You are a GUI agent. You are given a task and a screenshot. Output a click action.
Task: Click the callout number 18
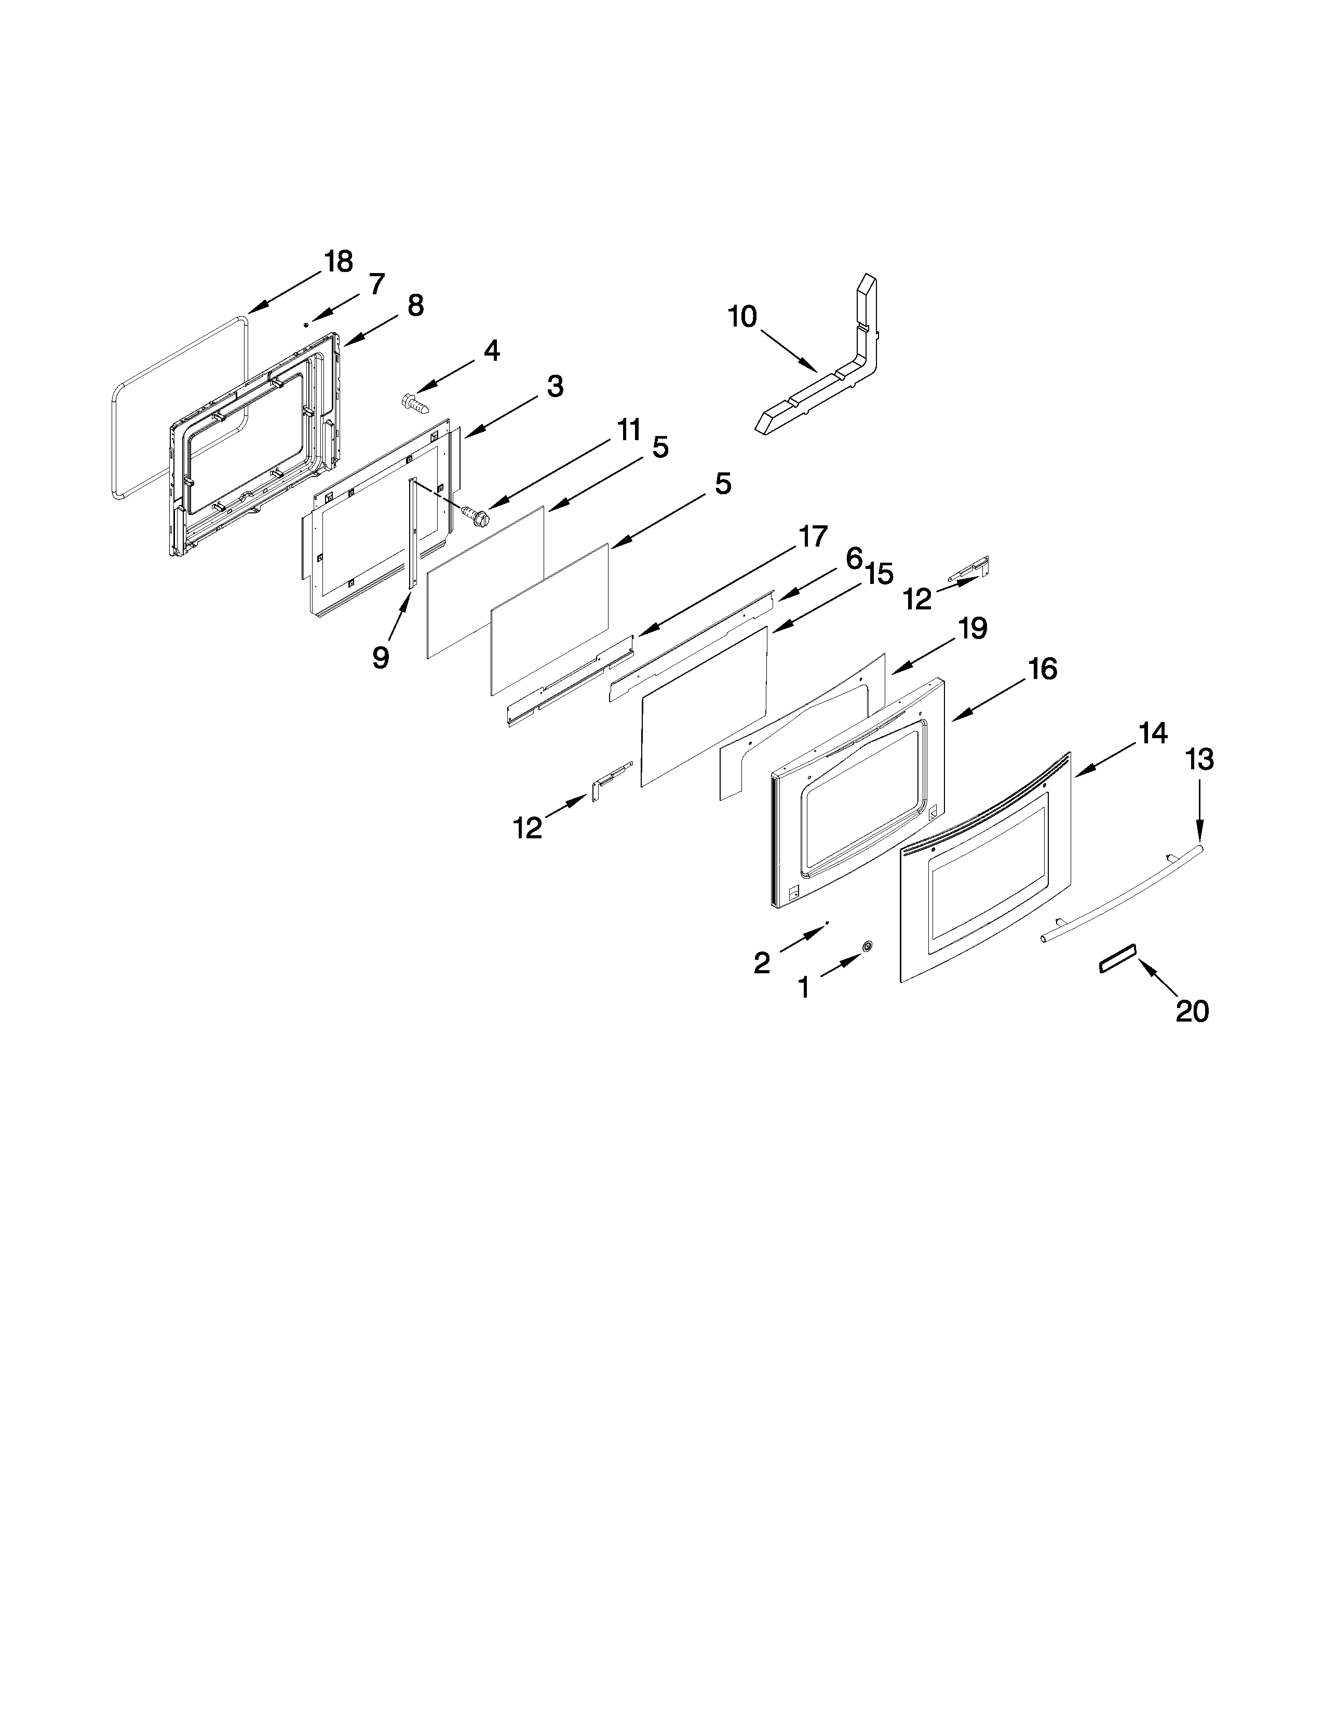339,262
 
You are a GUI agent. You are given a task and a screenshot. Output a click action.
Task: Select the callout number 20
1192,1011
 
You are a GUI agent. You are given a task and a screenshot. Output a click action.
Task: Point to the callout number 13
1200,759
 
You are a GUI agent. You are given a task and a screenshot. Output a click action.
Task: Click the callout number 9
381,657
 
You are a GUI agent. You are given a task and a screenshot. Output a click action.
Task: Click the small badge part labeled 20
1116,960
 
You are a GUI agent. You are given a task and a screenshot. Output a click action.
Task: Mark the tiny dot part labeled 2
827,926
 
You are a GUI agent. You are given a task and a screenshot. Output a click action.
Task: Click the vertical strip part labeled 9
412,533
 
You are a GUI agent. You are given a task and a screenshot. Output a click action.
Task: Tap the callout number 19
972,629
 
